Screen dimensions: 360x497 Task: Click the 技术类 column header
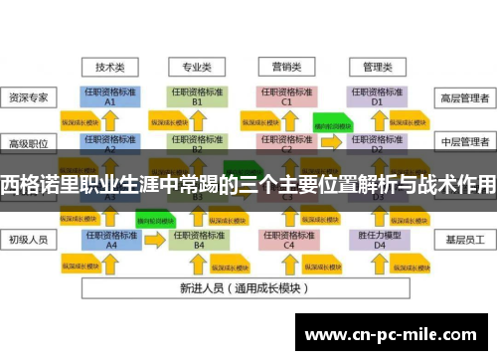(109, 68)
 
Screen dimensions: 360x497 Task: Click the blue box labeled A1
(110, 96)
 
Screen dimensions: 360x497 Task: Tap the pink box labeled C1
(286, 96)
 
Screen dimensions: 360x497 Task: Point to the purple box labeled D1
(377, 96)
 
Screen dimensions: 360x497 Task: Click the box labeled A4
(110, 240)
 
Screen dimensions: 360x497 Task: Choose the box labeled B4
(198, 240)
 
